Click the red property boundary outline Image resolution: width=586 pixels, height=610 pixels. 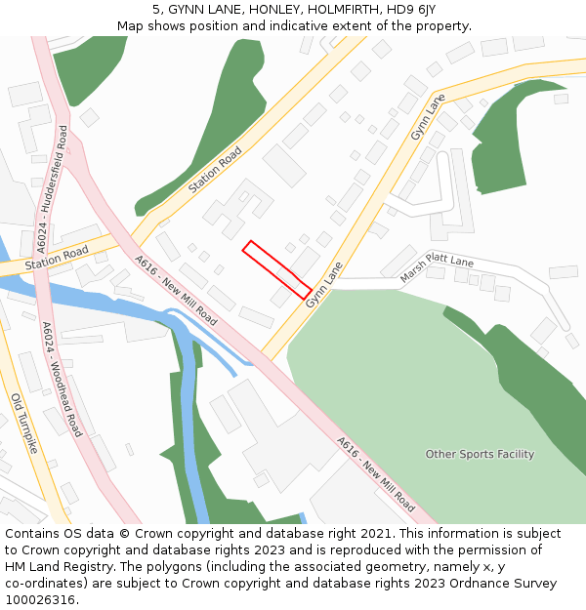(276, 268)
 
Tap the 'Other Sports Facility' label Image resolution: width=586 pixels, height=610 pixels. (480, 454)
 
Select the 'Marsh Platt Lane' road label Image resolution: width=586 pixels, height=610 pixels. (437, 270)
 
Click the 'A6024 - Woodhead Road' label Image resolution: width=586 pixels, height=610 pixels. (62, 379)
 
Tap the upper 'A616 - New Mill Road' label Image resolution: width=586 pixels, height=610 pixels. (176, 290)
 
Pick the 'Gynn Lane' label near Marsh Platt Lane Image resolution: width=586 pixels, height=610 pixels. (324, 285)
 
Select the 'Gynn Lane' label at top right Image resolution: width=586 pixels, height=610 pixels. (428, 116)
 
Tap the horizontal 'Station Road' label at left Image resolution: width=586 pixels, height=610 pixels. (56, 258)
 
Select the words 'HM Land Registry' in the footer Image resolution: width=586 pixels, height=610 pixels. (51, 566)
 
